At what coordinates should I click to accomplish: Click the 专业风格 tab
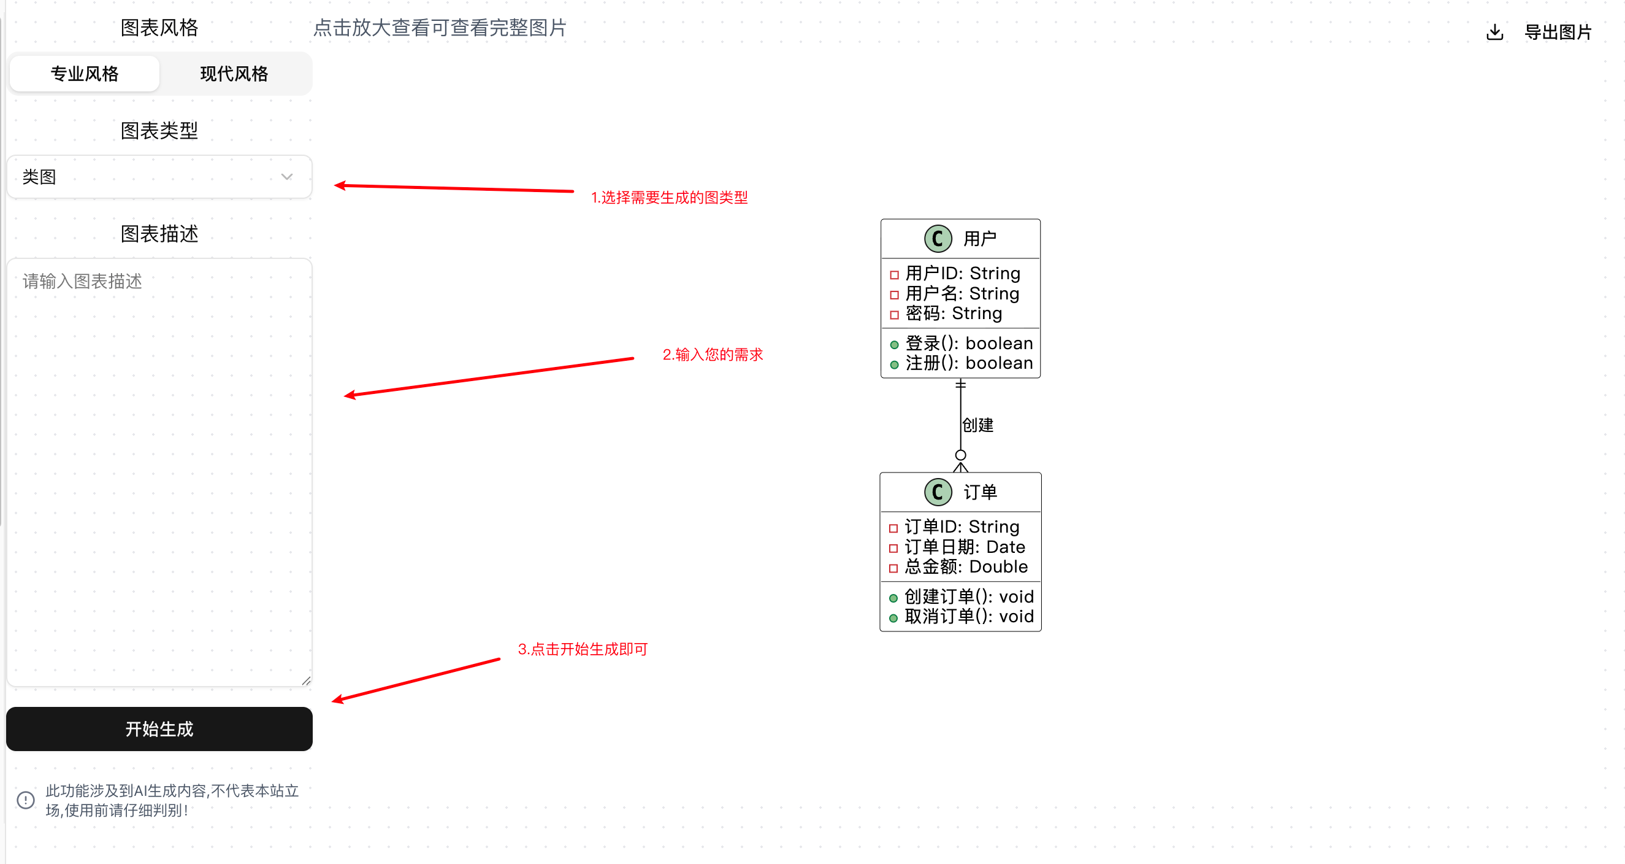[85, 74]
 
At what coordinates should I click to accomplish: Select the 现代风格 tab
[234, 74]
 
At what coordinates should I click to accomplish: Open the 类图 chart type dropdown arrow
[287, 177]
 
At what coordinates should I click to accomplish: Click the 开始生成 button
[159, 729]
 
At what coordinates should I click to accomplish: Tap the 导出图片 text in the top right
[1558, 32]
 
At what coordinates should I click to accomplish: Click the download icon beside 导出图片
[1494, 32]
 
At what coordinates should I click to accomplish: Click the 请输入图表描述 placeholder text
[83, 281]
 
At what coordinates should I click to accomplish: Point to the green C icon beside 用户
[938, 239]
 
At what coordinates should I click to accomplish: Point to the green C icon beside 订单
[938, 492]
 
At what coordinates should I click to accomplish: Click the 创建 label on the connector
[978, 425]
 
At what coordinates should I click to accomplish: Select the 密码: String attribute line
[953, 314]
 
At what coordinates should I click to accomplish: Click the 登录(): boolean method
[968, 343]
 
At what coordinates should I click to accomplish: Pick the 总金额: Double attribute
[966, 567]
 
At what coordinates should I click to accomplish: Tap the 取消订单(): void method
[968, 617]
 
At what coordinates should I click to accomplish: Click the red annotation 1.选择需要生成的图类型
[668, 198]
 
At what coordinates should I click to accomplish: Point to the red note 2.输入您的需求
[712, 355]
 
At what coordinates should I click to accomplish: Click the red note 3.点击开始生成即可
[583, 649]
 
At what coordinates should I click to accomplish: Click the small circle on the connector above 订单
[961, 455]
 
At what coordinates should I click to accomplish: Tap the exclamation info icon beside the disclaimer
[26, 800]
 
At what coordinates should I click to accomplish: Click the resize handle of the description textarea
[306, 681]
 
